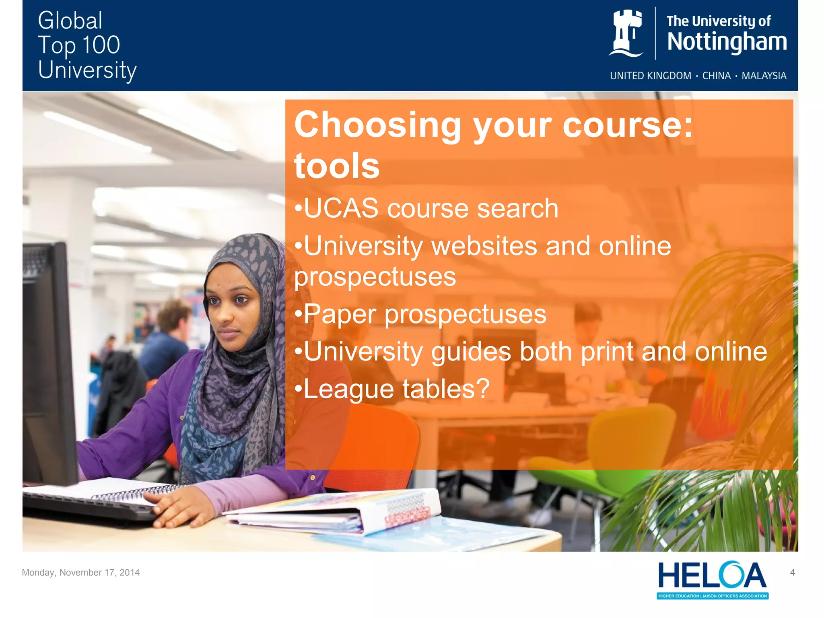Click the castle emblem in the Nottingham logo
pos(626,33)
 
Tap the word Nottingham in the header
pos(727,42)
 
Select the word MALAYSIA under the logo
pos(764,76)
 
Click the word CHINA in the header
pos(716,76)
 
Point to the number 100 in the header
pos(101,45)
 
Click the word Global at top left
pos(70,21)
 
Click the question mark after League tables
pos(482,389)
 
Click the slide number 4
pos(792,573)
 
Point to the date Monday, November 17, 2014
pos(81,573)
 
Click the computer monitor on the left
pos(48,362)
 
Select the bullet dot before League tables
pos(298,389)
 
